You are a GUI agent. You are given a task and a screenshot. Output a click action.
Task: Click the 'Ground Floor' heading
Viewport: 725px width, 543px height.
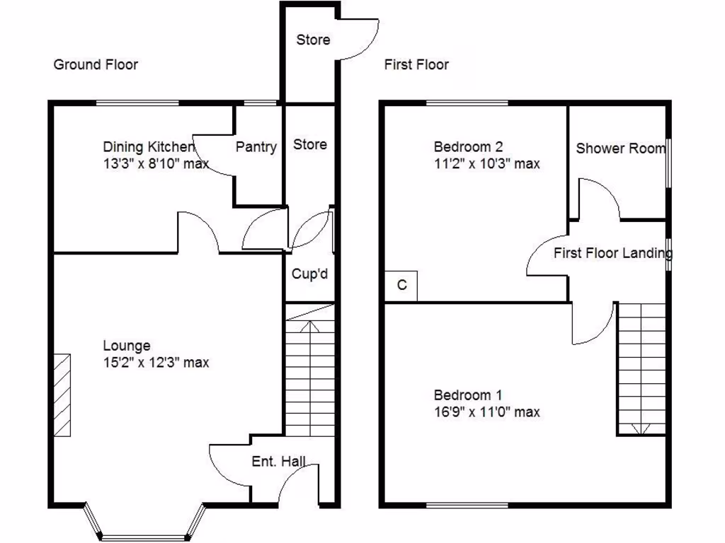tap(96, 65)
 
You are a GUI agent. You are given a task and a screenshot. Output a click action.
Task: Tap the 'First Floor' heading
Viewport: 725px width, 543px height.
tap(416, 65)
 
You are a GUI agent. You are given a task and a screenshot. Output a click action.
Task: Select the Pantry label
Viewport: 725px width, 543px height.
tap(256, 147)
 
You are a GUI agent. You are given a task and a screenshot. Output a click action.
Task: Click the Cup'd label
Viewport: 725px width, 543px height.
tap(310, 274)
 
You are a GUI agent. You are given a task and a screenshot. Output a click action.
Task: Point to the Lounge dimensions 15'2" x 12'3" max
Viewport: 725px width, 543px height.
tap(156, 363)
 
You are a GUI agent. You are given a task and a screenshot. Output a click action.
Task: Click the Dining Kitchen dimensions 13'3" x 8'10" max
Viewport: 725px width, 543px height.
tap(156, 164)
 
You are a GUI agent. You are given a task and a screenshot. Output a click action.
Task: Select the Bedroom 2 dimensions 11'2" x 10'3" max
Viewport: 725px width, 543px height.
tap(486, 164)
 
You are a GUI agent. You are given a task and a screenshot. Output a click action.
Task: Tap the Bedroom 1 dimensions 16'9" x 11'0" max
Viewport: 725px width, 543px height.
tap(486, 411)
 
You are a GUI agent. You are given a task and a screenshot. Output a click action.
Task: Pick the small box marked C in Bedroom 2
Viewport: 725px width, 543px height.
tap(401, 286)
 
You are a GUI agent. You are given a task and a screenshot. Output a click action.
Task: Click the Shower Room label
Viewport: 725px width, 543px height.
tap(620, 148)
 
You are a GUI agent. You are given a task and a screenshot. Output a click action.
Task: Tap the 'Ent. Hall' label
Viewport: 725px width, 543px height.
tap(279, 462)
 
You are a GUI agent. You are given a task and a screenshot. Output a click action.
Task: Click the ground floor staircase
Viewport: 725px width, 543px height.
tap(309, 375)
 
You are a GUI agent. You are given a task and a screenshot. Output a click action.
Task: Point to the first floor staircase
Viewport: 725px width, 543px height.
tap(641, 368)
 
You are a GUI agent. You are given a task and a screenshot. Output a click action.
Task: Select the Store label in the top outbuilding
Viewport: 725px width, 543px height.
tap(313, 40)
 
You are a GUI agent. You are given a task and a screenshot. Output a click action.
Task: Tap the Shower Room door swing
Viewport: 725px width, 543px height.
tap(598, 198)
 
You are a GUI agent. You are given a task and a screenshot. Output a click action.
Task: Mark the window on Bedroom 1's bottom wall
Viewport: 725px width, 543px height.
tap(467, 505)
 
